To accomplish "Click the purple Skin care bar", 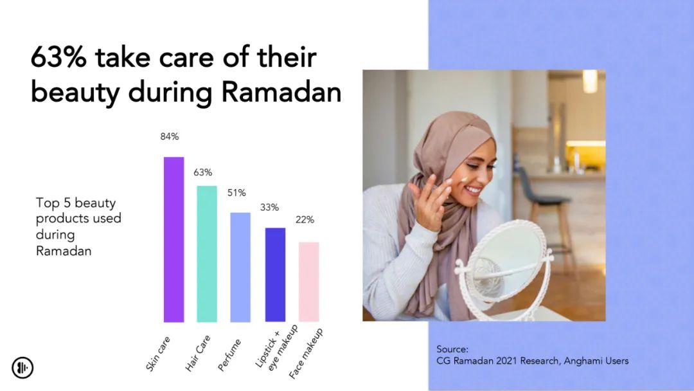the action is click(173, 239).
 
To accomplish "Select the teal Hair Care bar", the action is click(207, 254).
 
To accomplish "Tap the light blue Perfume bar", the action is click(240, 267).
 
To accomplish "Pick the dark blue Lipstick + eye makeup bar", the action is click(275, 275).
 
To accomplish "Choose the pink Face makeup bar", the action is click(309, 282).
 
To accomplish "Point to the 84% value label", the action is click(170, 136).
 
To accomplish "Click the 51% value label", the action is click(236, 193).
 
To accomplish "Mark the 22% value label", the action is click(305, 220).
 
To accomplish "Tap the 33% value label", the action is click(269, 207).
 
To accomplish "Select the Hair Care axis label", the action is click(197, 353).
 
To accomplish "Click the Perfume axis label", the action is click(229, 355).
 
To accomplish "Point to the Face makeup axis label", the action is click(306, 354).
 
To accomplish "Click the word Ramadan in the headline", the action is click(281, 92).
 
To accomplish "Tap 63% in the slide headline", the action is click(58, 57).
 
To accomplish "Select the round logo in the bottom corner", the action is click(22, 368).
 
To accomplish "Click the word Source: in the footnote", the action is click(452, 349).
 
